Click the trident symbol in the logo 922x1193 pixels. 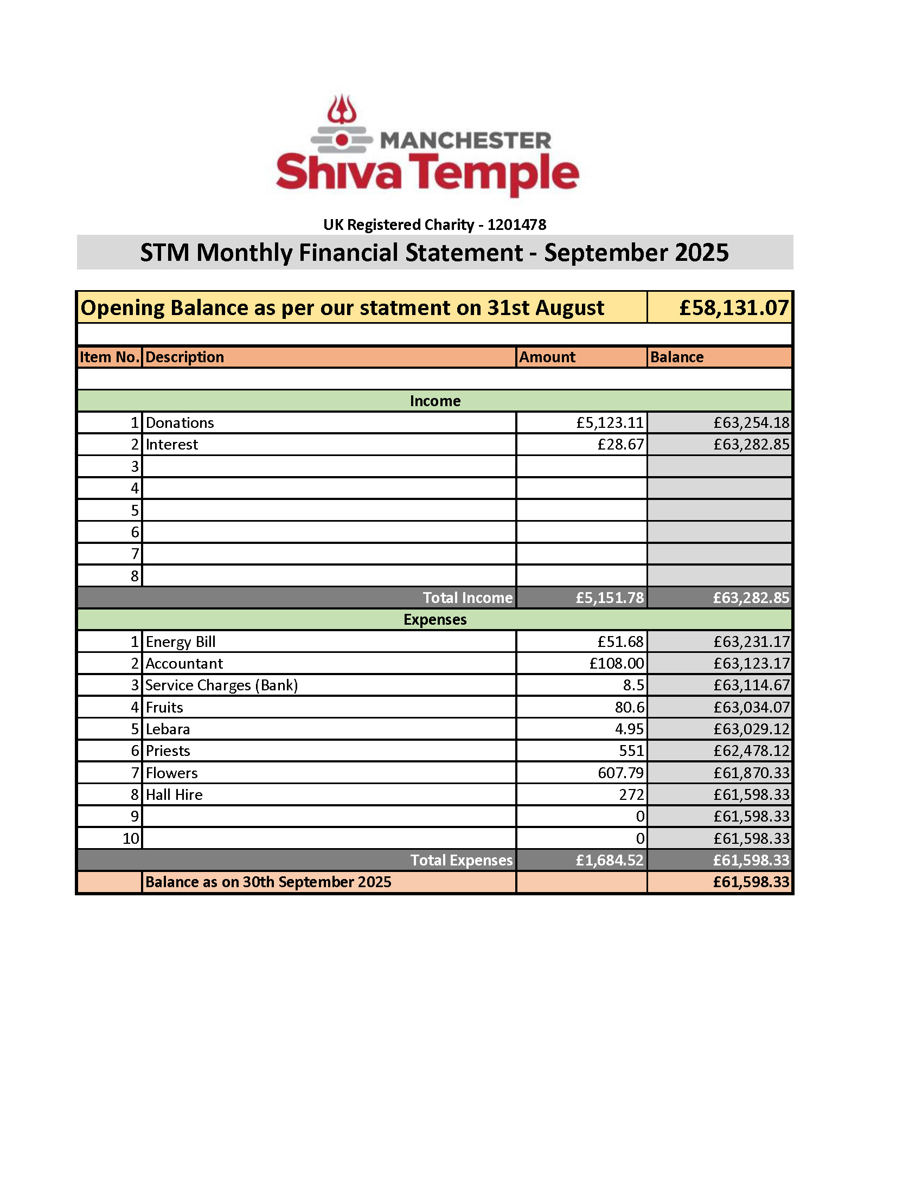342,109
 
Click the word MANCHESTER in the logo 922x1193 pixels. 465,141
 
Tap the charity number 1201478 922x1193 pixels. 516,225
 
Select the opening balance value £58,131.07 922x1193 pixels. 734,308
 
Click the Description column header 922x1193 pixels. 184,357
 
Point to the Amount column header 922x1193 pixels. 547,357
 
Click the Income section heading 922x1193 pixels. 435,401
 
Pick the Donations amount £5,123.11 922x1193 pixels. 610,423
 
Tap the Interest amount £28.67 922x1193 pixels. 620,445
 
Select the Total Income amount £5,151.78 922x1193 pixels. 610,598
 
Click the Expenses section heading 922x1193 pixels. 435,619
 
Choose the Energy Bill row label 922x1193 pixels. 180,642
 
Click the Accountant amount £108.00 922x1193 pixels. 617,663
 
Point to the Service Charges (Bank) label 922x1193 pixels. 221,685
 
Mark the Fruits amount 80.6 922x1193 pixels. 629,707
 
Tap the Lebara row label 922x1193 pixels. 168,729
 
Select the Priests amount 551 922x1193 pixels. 631,751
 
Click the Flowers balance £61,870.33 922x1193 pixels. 751,773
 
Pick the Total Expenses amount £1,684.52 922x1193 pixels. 610,861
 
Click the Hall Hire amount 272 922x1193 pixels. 631,795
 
